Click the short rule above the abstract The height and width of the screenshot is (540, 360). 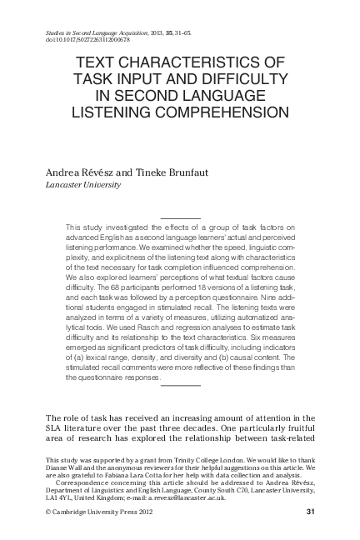click(x=180, y=217)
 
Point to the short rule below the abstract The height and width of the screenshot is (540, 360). click(x=180, y=386)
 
